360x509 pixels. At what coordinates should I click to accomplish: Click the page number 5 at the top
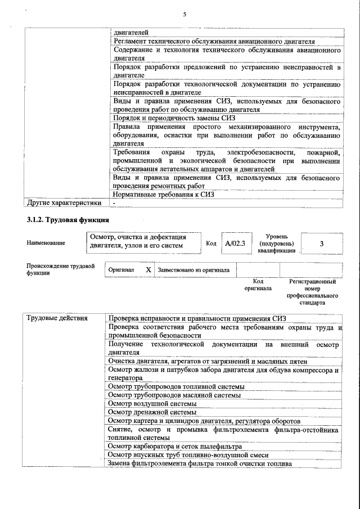(184, 15)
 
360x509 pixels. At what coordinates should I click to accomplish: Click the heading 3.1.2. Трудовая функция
(67, 219)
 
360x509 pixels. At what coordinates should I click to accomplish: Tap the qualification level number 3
(321, 244)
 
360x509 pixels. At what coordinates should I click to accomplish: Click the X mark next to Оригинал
(148, 270)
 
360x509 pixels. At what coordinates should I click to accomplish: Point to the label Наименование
(46, 243)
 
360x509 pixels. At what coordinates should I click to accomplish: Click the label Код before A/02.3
(211, 244)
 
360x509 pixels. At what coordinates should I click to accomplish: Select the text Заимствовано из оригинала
(193, 270)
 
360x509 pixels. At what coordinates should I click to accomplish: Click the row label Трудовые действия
(57, 318)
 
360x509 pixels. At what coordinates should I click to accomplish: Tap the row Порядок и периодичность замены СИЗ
(174, 118)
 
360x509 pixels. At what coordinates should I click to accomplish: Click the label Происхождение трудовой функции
(60, 269)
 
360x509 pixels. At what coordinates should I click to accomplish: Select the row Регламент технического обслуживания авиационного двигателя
(214, 42)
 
